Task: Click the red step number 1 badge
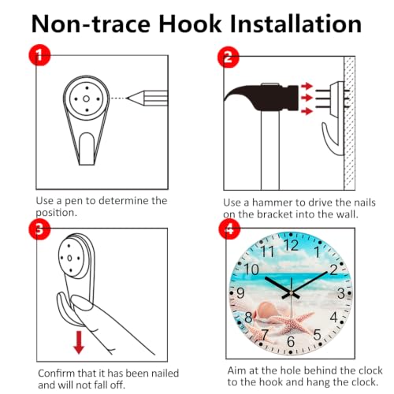pyautogui.click(x=39, y=55)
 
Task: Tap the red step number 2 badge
pyautogui.click(x=229, y=57)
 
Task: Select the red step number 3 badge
pyautogui.click(x=39, y=229)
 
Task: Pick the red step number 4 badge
pyautogui.click(x=229, y=229)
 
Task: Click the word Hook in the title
pyautogui.click(x=190, y=24)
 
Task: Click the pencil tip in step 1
pyautogui.click(x=127, y=98)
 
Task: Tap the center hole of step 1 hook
pyautogui.click(x=86, y=98)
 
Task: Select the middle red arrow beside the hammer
pyautogui.click(x=307, y=98)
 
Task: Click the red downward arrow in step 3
pyautogui.click(x=79, y=342)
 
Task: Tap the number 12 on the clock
pyautogui.click(x=291, y=245)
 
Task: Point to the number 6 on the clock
pyautogui.click(x=291, y=341)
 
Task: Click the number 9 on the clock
pyautogui.click(x=240, y=293)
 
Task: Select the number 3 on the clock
pyautogui.click(x=340, y=293)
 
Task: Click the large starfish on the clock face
pyautogui.click(x=292, y=322)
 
